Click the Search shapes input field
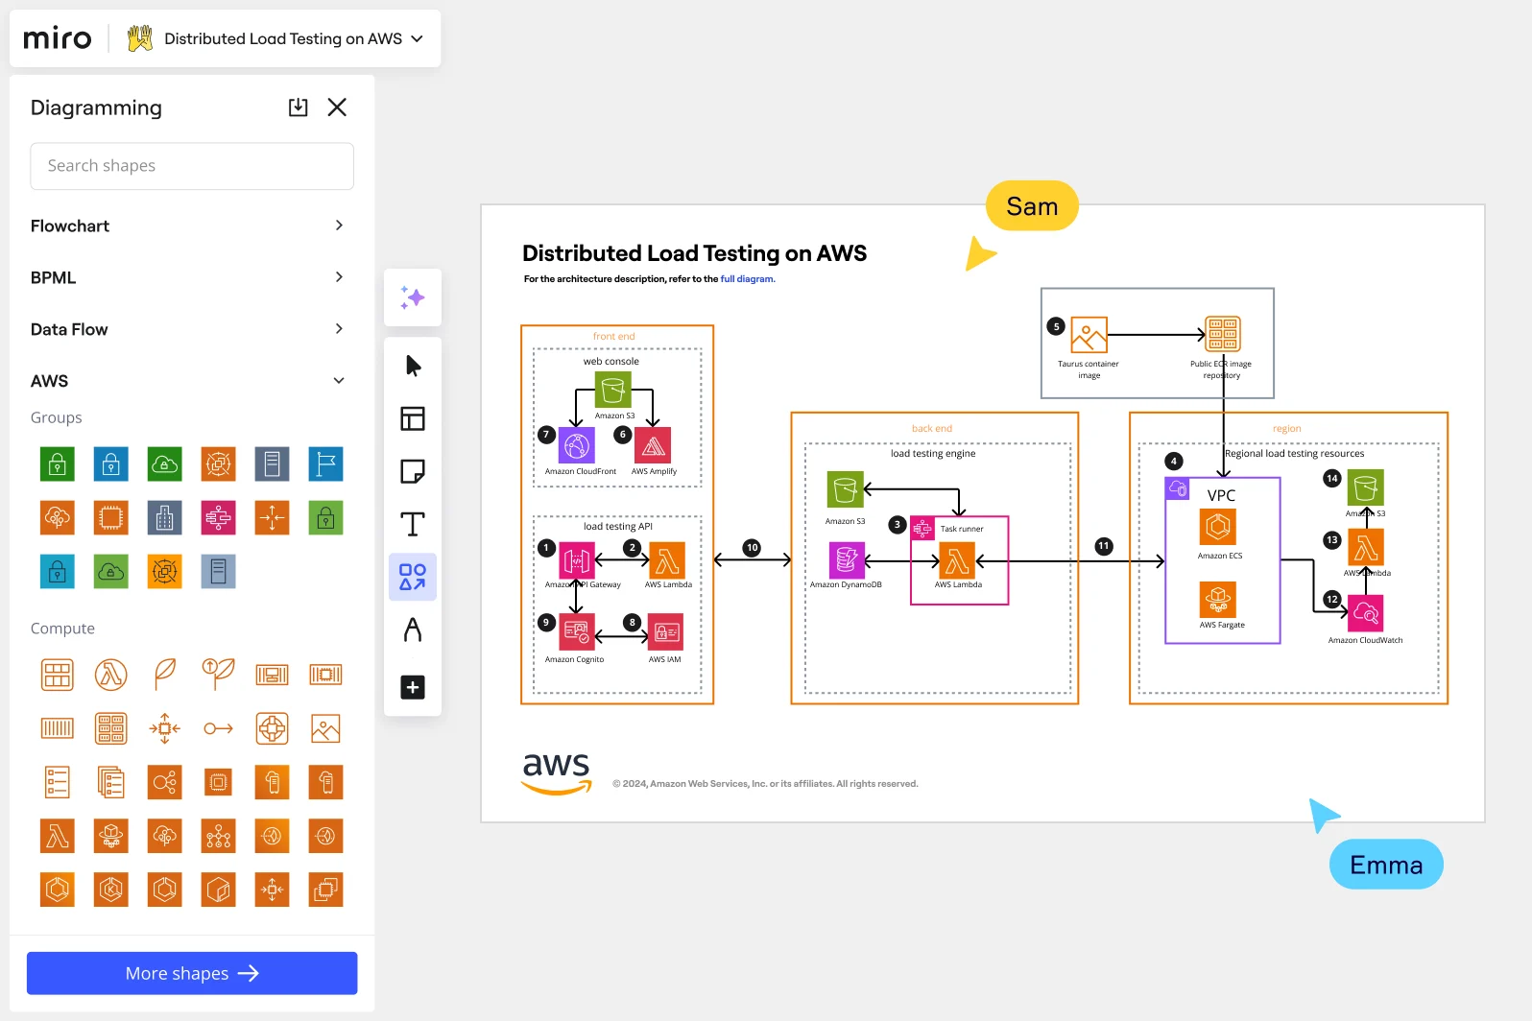coord(192,166)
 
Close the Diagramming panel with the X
coord(337,107)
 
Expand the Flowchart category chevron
coord(339,226)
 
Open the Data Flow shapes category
coord(69,329)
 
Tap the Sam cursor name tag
coord(1032,206)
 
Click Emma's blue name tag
coord(1385,865)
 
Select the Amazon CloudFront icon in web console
coord(577,446)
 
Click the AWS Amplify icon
coord(654,446)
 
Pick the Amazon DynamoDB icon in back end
coord(847,559)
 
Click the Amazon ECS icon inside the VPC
coord(1218,527)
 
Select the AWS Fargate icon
coord(1218,600)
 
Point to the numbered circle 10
coord(752,548)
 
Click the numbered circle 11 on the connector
coord(1104,546)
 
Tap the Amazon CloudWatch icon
coord(1366,613)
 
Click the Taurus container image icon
coord(1089,335)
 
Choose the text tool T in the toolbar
coord(413,524)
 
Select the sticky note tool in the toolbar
coord(413,471)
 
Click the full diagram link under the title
coord(747,279)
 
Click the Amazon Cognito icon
coord(577,632)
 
